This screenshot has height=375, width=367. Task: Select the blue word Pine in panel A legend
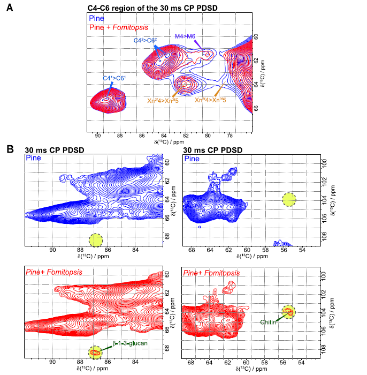click(96, 18)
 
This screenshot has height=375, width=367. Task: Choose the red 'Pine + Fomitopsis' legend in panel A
click(119, 26)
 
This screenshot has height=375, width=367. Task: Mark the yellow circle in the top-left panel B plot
click(95, 240)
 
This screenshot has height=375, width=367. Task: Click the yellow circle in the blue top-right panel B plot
click(288, 200)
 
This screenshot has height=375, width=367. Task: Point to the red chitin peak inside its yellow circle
click(288, 311)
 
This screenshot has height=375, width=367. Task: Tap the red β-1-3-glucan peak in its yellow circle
click(95, 352)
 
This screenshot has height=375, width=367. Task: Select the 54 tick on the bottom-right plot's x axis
click(302, 363)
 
